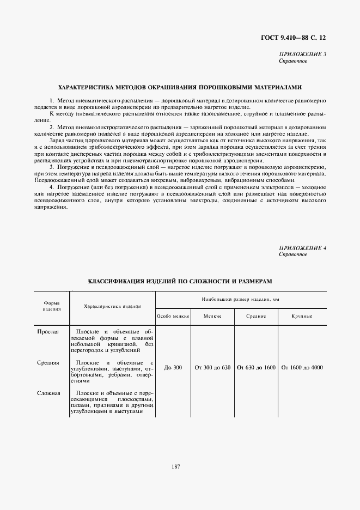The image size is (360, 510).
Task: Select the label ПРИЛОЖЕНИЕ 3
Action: (302, 54)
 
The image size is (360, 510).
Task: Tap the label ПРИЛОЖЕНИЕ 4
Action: (302, 248)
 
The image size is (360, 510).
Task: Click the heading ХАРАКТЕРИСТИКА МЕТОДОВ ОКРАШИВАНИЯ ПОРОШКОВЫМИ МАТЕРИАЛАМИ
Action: (180, 87)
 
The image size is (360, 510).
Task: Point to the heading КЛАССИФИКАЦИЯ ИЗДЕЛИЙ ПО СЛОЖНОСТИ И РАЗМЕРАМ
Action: (180, 281)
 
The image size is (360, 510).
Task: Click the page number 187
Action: (175, 466)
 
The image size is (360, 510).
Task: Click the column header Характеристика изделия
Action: (112, 306)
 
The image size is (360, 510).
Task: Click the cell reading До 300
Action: (173, 368)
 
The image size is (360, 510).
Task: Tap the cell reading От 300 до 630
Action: (212, 368)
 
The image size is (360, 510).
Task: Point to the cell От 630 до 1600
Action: (256, 368)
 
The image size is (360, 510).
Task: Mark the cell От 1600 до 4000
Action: (302, 368)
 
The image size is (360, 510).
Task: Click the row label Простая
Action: (48, 331)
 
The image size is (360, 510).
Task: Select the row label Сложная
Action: (48, 393)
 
